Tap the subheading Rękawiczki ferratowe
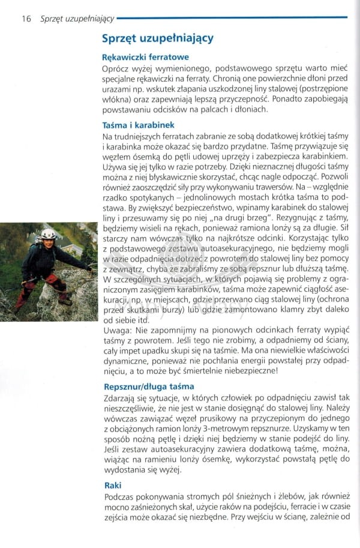146,58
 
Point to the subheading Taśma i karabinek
139,125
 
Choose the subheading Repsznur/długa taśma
149,387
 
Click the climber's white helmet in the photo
48,234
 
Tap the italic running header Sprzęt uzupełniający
77,19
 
